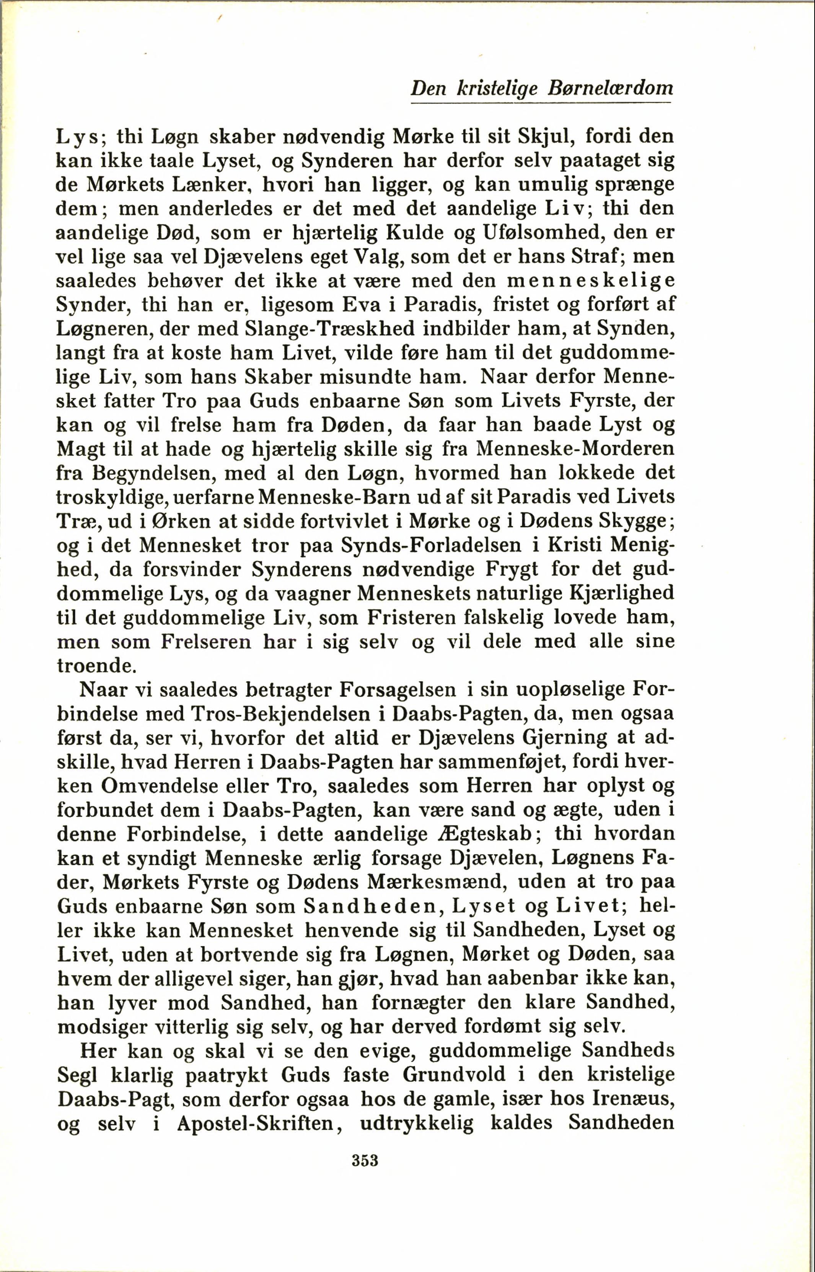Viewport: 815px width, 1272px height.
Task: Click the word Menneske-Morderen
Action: pyautogui.click(x=575, y=449)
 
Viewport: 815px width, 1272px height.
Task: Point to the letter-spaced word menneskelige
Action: pyautogui.click(x=591, y=281)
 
